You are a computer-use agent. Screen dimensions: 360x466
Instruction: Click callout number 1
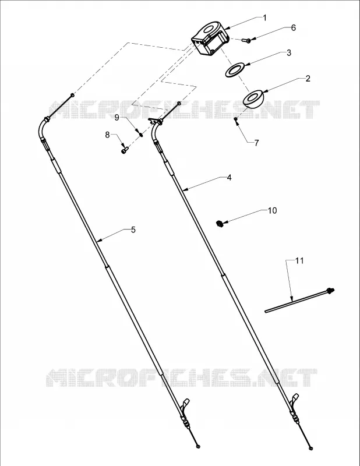coord(264,18)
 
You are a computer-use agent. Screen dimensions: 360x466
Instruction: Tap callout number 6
coord(294,27)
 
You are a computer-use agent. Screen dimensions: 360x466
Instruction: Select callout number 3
coord(289,52)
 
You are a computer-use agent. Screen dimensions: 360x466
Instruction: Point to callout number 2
coord(308,79)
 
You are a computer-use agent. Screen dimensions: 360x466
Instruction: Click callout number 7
coord(256,143)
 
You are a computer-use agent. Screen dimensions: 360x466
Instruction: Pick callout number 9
coord(117,118)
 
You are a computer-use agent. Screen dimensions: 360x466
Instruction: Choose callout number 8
coord(107,135)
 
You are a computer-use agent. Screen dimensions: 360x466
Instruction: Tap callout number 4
coord(229,178)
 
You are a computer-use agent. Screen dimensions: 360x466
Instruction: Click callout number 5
coord(133,230)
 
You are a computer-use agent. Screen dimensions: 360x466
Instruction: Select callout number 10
coord(272,210)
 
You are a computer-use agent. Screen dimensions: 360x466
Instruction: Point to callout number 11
coord(299,260)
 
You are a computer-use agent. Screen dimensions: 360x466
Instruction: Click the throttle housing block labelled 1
coord(210,38)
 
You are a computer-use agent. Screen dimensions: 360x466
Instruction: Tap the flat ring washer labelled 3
coord(235,70)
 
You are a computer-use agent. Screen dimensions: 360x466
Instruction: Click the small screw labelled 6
coord(246,40)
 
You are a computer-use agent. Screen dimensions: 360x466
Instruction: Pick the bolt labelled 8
coord(124,150)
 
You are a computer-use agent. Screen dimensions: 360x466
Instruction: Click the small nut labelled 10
coord(220,223)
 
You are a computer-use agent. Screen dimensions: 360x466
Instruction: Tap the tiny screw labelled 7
coord(235,119)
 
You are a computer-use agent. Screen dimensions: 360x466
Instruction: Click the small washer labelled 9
coord(141,135)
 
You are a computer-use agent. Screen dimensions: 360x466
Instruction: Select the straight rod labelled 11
coord(299,300)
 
